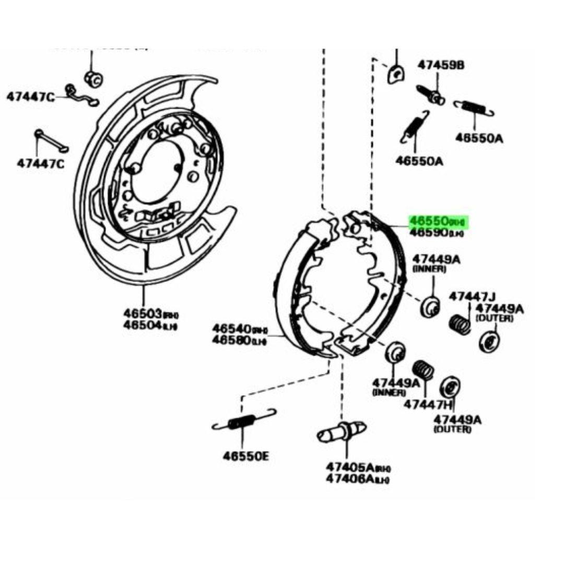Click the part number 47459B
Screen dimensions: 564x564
pos(440,65)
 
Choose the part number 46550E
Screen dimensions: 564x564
pos(246,456)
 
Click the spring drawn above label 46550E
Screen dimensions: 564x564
pos(243,420)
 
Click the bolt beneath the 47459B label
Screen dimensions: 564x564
pos(431,95)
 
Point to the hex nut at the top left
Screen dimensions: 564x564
pos(93,79)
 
